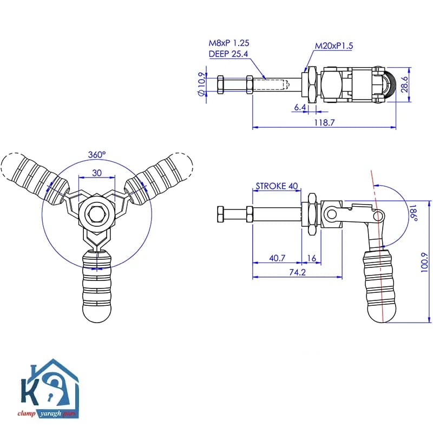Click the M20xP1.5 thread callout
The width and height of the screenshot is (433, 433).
[334, 46]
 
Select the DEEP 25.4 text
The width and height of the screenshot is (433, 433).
[228, 54]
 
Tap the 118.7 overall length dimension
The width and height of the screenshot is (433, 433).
[324, 122]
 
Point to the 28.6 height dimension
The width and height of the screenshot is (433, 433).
[404, 84]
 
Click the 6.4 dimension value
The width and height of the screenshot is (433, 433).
[300, 107]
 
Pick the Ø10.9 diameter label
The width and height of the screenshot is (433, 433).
[202, 84]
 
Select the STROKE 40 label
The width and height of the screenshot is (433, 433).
[277, 186]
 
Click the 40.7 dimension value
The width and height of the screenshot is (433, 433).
[277, 258]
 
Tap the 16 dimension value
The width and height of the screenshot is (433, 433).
[312, 258]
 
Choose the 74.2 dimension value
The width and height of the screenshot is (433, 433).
[297, 272]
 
